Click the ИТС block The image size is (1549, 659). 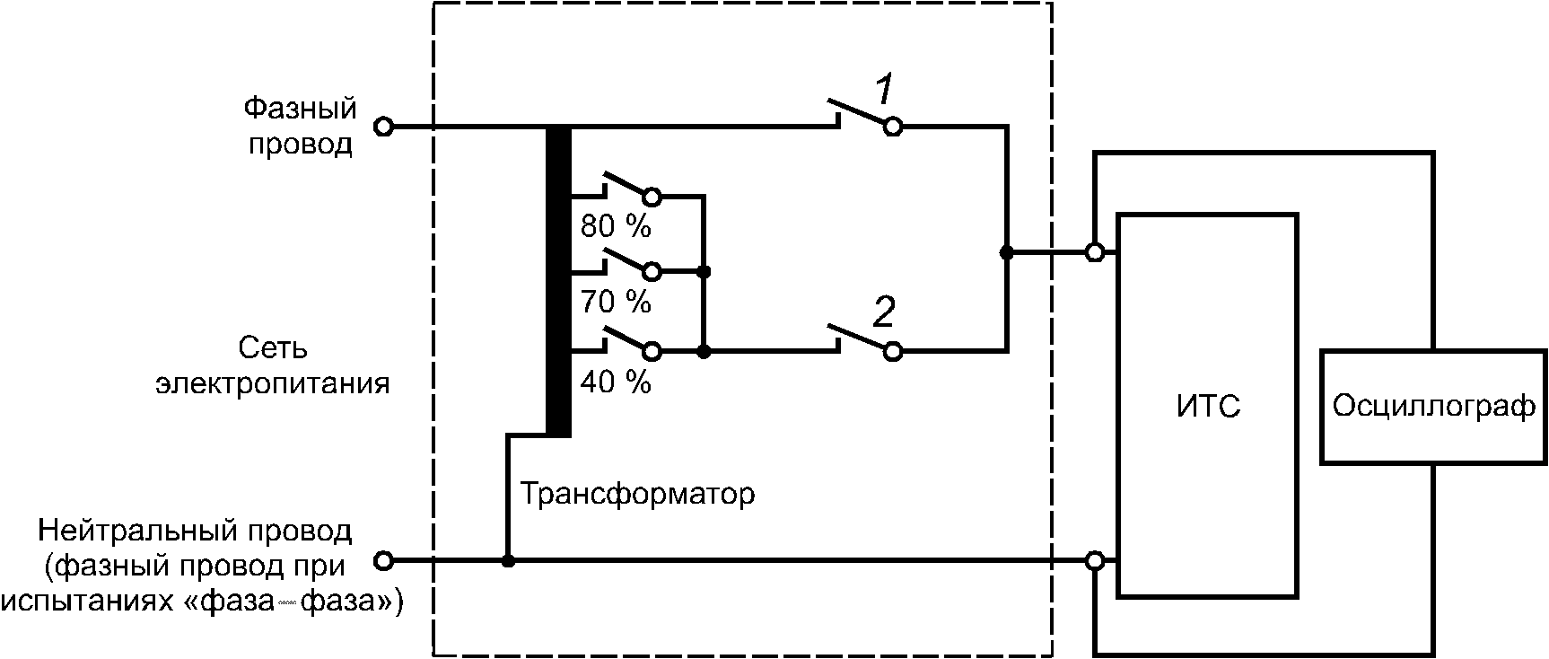point(1207,405)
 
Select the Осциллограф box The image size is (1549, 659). point(1433,407)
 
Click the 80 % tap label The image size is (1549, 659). point(615,226)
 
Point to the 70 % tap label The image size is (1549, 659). point(615,302)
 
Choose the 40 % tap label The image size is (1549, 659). point(615,383)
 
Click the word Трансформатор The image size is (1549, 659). point(637,494)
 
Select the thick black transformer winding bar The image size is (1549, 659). point(558,281)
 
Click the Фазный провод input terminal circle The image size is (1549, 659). point(383,127)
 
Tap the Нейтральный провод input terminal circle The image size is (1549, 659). point(383,561)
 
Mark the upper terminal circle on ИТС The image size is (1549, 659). point(1095,252)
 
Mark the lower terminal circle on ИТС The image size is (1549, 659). point(1095,561)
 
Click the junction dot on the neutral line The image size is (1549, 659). point(508,561)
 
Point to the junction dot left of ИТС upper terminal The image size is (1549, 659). point(1007,252)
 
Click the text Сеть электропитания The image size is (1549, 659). point(273,365)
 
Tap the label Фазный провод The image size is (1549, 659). point(301,126)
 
